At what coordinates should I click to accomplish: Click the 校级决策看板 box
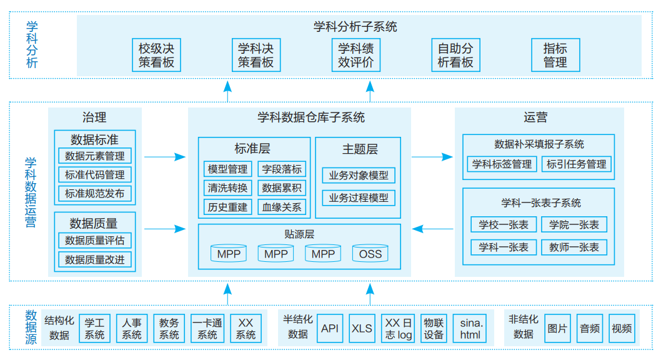click(x=156, y=55)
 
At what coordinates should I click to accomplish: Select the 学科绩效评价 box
click(x=355, y=55)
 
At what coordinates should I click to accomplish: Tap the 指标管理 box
click(x=555, y=55)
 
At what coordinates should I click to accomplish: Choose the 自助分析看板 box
click(x=455, y=55)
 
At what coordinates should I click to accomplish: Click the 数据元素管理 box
click(x=95, y=156)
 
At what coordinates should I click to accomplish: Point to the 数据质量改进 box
click(x=95, y=259)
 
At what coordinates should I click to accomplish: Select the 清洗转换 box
click(x=227, y=188)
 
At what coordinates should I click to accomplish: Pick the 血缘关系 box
click(x=282, y=207)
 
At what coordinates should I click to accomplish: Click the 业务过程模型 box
click(x=359, y=197)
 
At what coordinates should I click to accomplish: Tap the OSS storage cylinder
click(x=370, y=253)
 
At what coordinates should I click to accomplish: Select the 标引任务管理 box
click(x=576, y=164)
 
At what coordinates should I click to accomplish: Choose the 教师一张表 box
click(x=574, y=247)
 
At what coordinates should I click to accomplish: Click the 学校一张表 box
click(x=504, y=224)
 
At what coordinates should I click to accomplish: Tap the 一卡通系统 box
click(x=207, y=328)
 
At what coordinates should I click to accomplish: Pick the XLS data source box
click(x=362, y=328)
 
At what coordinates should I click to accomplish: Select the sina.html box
click(x=470, y=328)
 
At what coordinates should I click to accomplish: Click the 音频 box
click(x=590, y=328)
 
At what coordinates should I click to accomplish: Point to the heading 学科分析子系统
click(x=355, y=26)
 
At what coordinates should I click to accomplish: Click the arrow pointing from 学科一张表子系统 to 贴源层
click(x=432, y=229)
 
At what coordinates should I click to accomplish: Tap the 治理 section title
click(x=94, y=117)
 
